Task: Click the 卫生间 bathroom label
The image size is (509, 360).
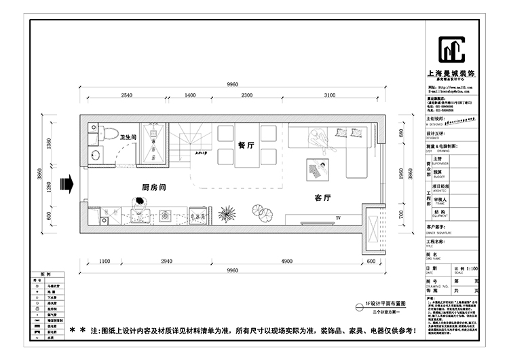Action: click(x=129, y=137)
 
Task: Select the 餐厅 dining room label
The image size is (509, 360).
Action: click(x=246, y=145)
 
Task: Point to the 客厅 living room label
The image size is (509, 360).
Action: click(x=322, y=198)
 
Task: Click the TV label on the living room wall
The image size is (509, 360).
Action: click(x=337, y=217)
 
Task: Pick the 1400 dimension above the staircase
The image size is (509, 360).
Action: click(x=190, y=95)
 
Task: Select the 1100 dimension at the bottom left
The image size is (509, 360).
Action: click(x=105, y=262)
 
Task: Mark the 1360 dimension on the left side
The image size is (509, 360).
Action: click(x=48, y=143)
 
